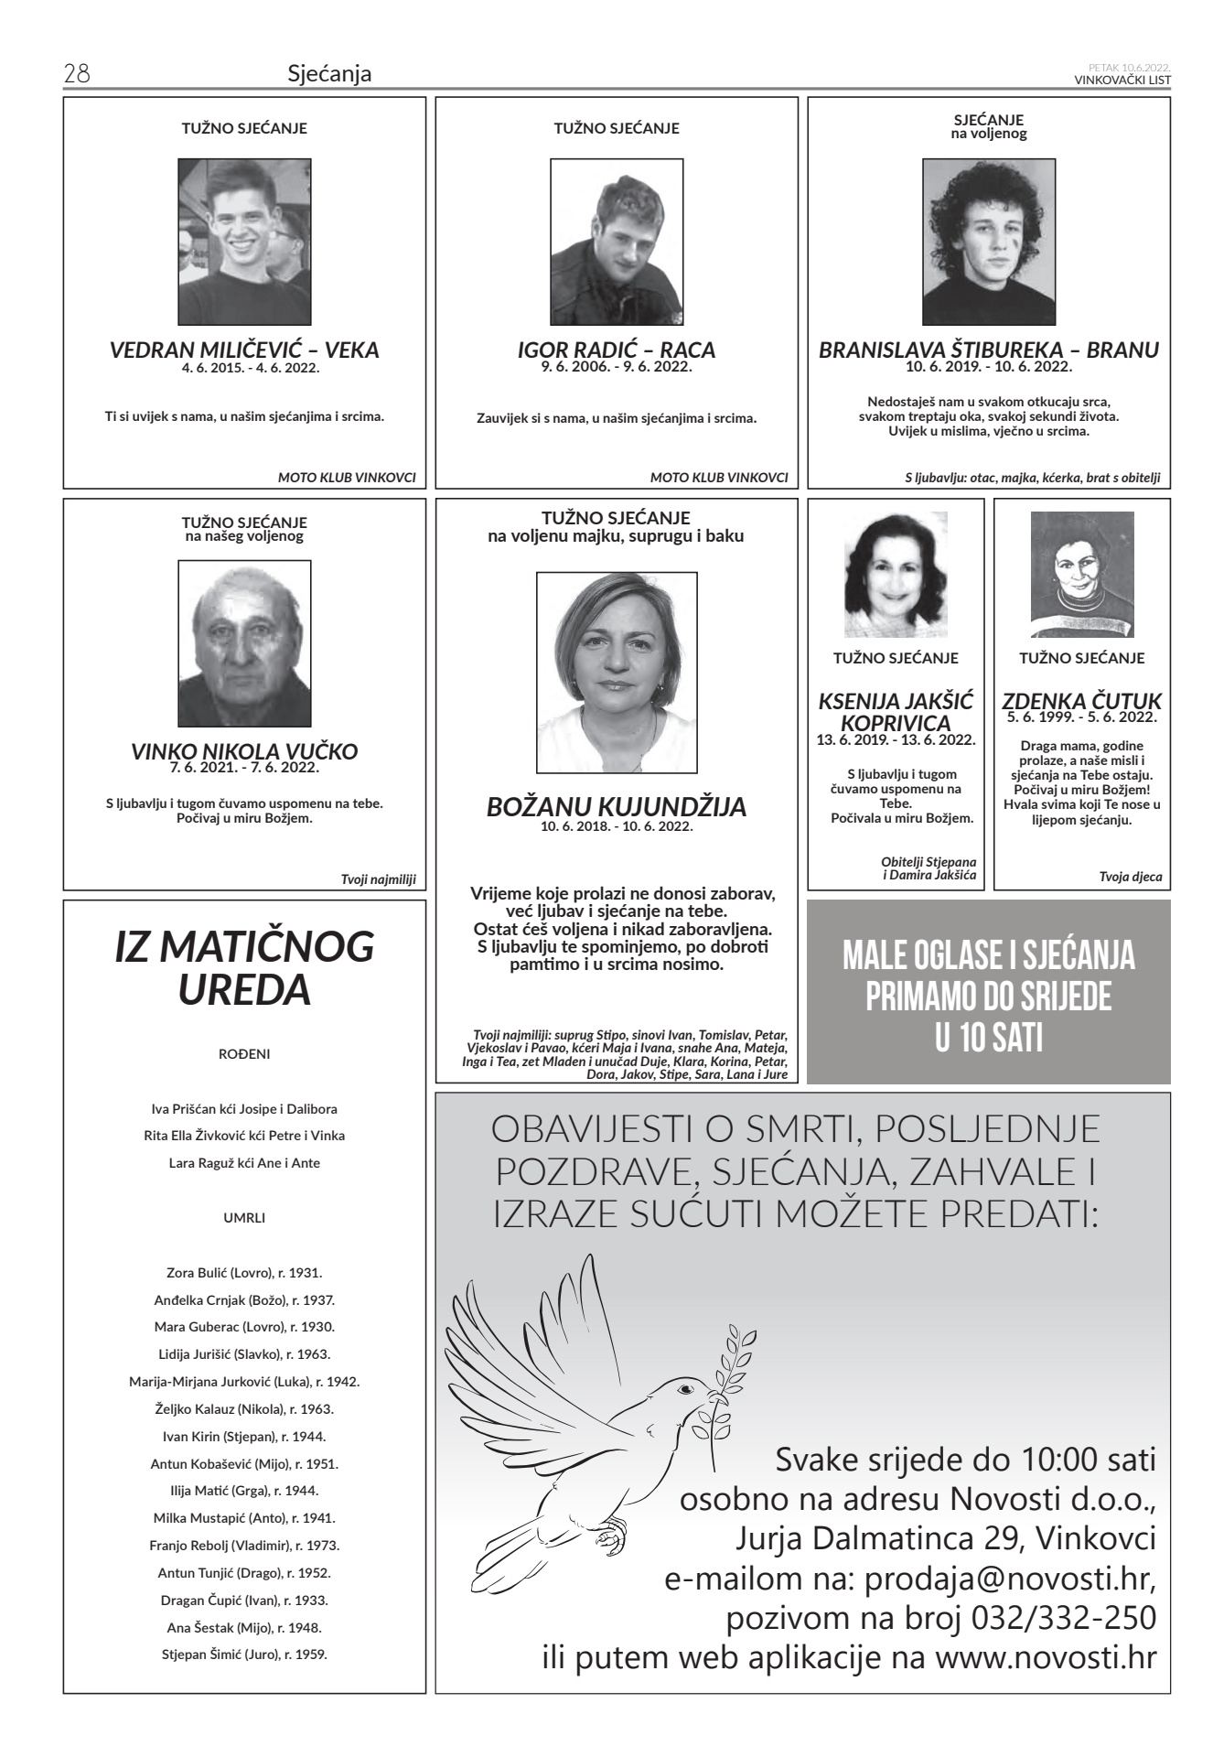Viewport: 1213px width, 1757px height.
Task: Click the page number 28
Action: pyautogui.click(x=76, y=74)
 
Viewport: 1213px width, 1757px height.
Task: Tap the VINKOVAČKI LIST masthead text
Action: pyautogui.click(x=1122, y=80)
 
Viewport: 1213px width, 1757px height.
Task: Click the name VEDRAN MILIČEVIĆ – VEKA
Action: pyautogui.click(x=244, y=350)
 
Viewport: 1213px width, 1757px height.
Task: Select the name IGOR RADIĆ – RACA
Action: pyautogui.click(x=616, y=350)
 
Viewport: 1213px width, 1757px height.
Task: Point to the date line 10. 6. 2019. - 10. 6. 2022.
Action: pyautogui.click(x=988, y=367)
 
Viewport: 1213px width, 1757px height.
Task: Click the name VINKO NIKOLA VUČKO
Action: pyautogui.click(x=244, y=752)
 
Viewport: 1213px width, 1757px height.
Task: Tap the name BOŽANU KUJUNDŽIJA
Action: pyautogui.click(x=616, y=807)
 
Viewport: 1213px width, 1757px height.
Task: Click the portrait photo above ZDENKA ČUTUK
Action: pyautogui.click(x=1081, y=574)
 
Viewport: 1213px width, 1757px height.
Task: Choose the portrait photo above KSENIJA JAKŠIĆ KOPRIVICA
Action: pyautogui.click(x=896, y=574)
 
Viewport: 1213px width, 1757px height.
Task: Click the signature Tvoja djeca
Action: pyautogui.click(x=1131, y=877)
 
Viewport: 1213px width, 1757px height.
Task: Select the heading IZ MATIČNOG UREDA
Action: pyautogui.click(x=244, y=967)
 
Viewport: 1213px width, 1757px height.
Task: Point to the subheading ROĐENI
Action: pyautogui.click(x=244, y=1054)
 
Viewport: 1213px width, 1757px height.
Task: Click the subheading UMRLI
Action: pyautogui.click(x=244, y=1218)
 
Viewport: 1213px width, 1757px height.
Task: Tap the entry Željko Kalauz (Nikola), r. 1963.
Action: pyautogui.click(x=244, y=1409)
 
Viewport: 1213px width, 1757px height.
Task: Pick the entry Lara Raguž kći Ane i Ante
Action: pyautogui.click(x=244, y=1164)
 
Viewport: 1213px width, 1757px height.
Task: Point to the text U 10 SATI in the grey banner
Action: pyautogui.click(x=988, y=1040)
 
